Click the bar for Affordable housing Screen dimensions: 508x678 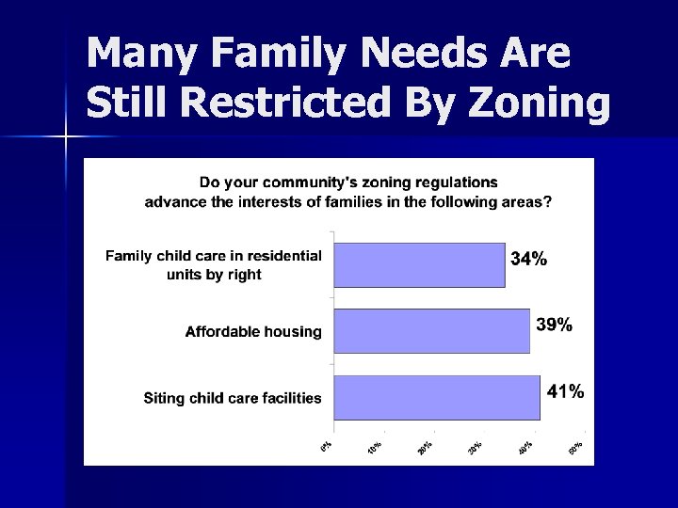click(x=431, y=331)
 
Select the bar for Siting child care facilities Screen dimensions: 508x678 click(x=437, y=397)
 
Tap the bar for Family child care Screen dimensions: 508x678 click(x=419, y=264)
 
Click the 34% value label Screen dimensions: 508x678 click(x=528, y=259)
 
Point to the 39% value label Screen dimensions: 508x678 click(x=554, y=325)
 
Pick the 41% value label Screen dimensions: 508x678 click(x=565, y=391)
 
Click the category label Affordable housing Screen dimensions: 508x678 click(x=253, y=331)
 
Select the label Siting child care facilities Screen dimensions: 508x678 click(x=233, y=398)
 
